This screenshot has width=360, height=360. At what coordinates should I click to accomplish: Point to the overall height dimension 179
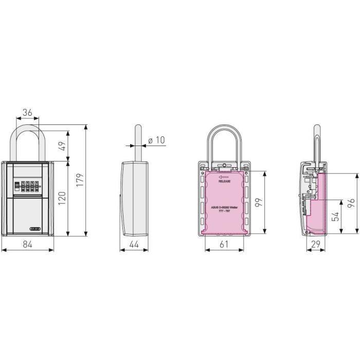(78, 181)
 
